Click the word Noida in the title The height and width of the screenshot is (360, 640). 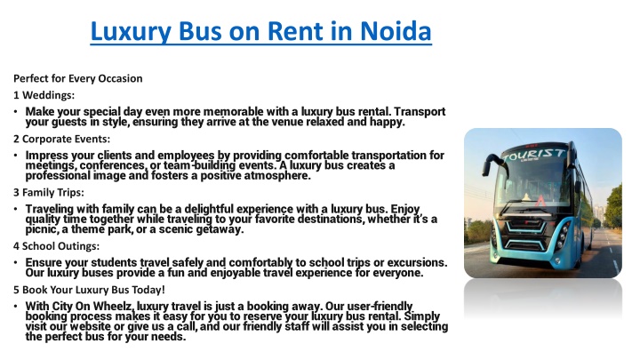396,31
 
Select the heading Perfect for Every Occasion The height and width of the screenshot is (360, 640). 78,78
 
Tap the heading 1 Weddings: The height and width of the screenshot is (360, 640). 44,95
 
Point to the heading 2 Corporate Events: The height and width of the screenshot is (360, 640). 61,139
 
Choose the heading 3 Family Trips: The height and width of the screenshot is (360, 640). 49,192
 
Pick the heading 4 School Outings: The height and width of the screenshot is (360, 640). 56,246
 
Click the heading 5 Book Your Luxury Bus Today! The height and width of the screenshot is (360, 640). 89,290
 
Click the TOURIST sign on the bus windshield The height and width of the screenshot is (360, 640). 534,155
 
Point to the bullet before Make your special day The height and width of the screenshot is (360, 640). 15,111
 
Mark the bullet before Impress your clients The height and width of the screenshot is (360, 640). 15,155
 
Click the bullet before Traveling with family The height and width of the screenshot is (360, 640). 15,209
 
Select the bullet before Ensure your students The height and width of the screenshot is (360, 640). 15,262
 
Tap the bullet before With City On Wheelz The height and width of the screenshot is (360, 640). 15,306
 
